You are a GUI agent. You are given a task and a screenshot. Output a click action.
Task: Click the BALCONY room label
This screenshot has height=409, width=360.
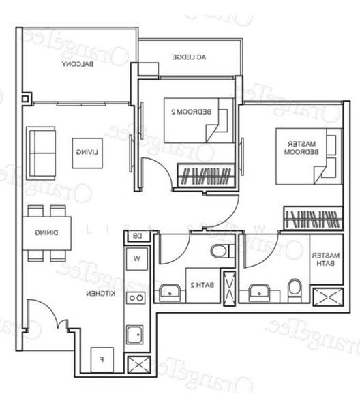pos(77,65)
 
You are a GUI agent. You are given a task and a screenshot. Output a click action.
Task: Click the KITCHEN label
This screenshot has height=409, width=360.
pos(99,293)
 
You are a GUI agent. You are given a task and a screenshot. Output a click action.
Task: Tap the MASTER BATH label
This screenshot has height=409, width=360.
pos(323,259)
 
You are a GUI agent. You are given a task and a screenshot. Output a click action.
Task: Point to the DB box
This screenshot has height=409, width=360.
pos(136,237)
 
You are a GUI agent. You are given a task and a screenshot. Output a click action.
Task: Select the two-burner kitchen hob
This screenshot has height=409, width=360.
pos(136,298)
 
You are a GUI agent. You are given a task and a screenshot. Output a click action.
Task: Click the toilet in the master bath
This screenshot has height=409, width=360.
pos(295,289)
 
